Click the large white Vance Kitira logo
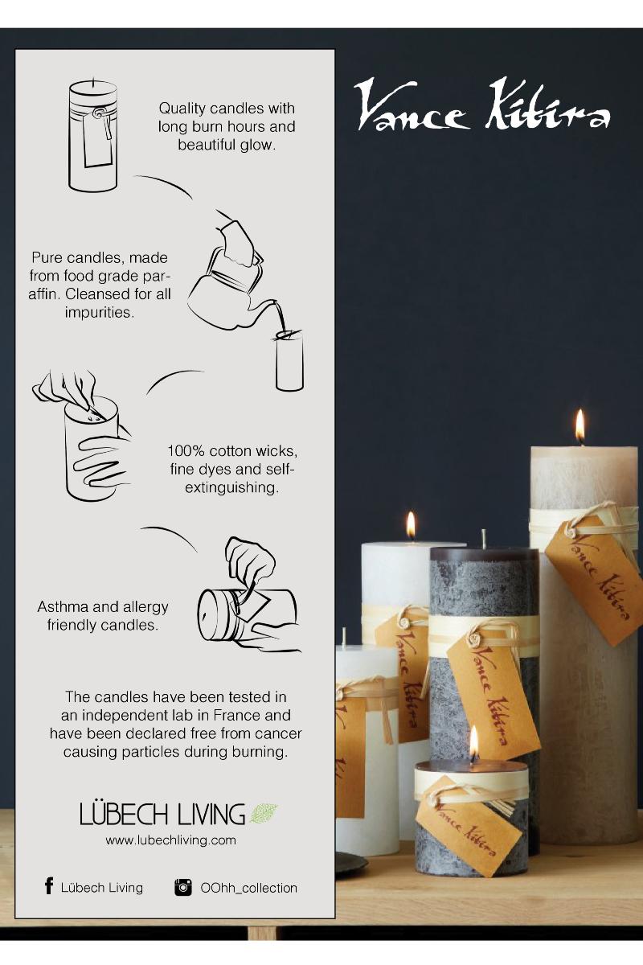482,105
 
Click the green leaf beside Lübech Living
264,813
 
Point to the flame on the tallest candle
580,425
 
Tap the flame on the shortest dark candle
473,740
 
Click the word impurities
100,312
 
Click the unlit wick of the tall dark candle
484,539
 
